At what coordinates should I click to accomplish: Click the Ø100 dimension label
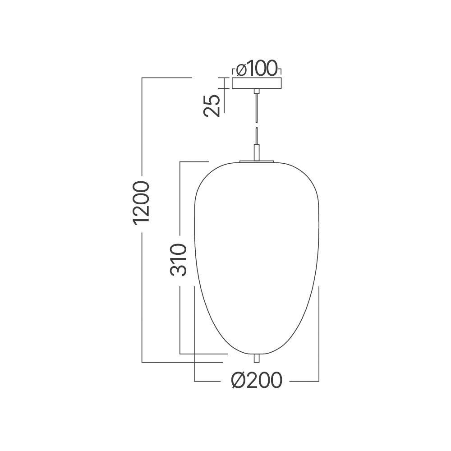(x=257, y=69)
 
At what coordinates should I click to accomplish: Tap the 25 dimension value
(x=212, y=106)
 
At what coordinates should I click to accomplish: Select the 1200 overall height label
(x=142, y=202)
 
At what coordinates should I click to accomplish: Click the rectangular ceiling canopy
(x=257, y=83)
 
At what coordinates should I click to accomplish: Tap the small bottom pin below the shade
(x=257, y=358)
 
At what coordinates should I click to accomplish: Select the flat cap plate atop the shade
(x=257, y=160)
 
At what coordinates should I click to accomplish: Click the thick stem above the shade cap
(x=257, y=152)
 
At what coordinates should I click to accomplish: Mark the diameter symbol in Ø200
(x=239, y=381)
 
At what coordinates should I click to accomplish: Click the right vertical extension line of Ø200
(x=319, y=334)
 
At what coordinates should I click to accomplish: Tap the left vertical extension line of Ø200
(x=194, y=334)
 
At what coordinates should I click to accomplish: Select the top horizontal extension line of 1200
(x=167, y=78)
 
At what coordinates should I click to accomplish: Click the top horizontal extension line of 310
(x=194, y=161)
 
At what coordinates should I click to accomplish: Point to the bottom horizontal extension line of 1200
(x=180, y=362)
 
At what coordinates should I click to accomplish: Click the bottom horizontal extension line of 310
(x=203, y=354)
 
